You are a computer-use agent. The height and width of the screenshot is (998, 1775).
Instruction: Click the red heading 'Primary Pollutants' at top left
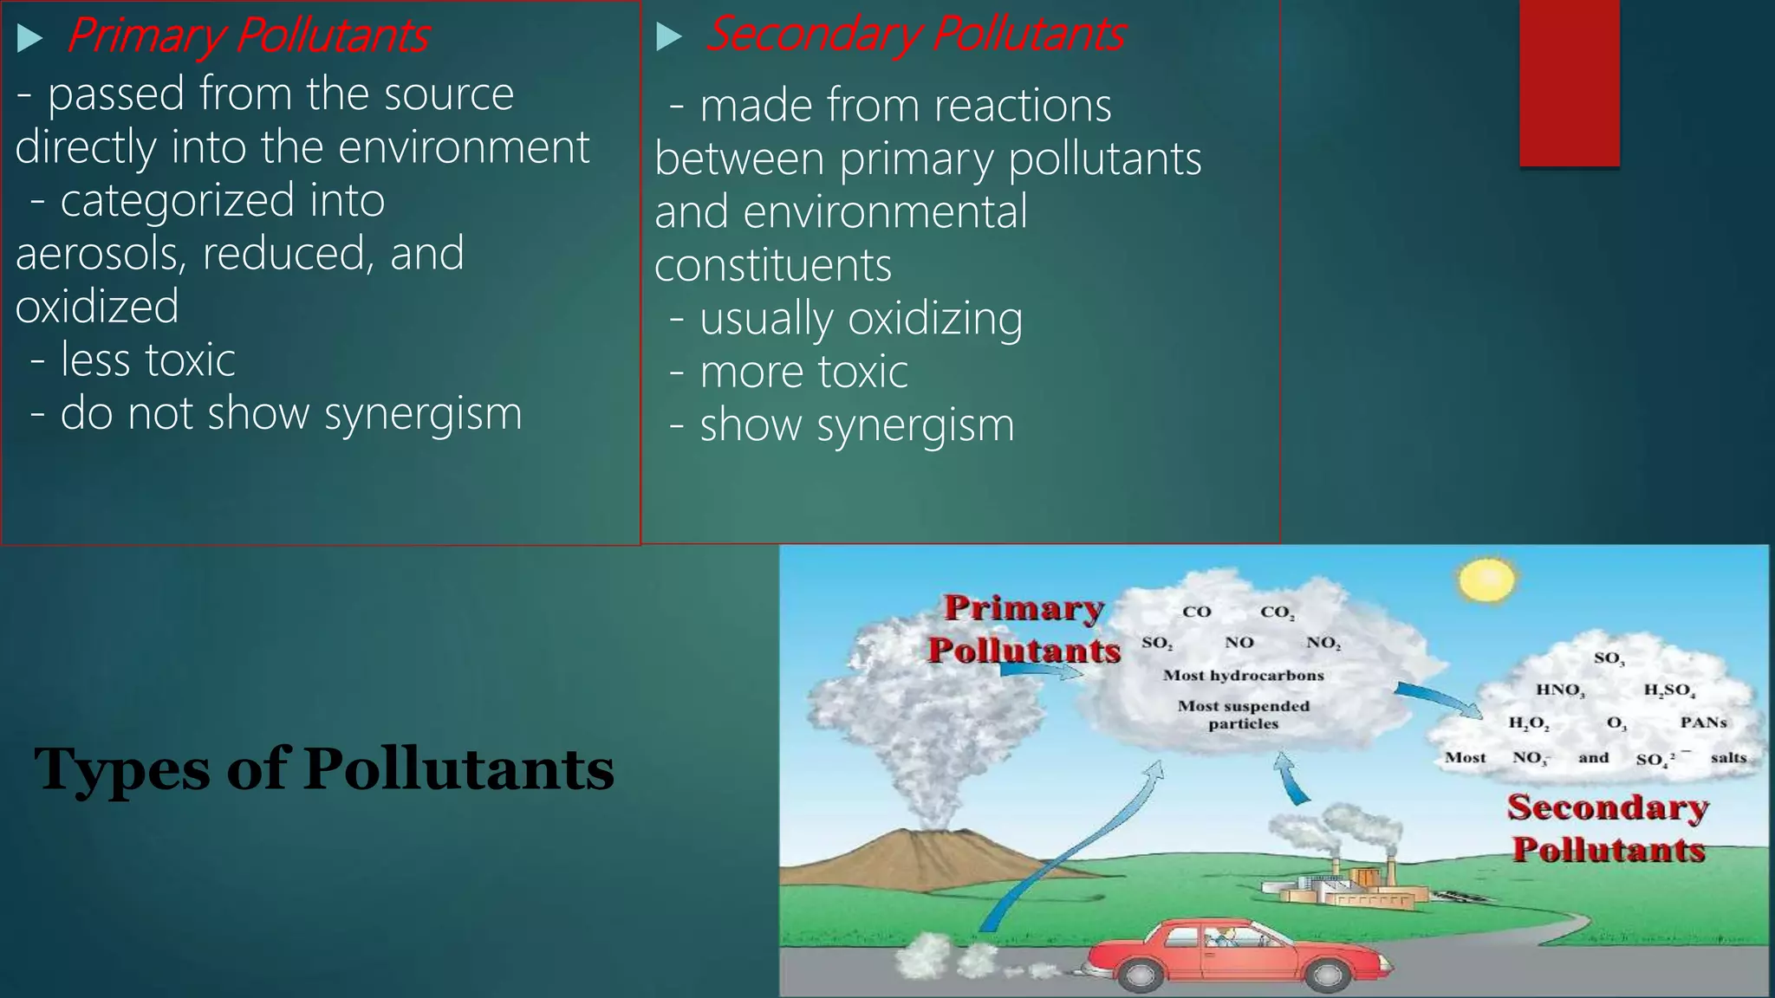coord(248,36)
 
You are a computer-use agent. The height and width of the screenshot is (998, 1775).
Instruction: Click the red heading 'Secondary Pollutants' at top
coord(915,35)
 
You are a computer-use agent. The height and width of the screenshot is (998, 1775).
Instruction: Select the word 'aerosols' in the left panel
coord(100,254)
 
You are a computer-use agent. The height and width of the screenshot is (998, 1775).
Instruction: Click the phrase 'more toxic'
coord(803,373)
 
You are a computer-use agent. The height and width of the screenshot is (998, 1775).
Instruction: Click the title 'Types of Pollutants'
coord(323,769)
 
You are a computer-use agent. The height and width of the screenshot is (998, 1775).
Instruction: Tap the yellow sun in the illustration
coord(1487,580)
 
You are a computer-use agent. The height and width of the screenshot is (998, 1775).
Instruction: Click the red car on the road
coord(1231,953)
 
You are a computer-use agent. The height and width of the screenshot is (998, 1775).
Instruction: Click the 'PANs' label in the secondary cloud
coord(1703,722)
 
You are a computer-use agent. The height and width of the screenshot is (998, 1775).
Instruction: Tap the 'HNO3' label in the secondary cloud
coord(1560,690)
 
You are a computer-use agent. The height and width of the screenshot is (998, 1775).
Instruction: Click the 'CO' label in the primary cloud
coord(1196,612)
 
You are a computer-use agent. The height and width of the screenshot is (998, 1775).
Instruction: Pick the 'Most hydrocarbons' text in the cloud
coord(1243,675)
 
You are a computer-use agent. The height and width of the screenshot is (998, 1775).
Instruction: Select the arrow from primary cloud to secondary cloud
coord(1439,698)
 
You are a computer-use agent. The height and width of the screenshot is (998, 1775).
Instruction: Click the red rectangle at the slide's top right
coord(1569,82)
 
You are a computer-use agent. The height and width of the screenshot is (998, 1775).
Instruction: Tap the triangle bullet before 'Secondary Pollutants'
coord(668,36)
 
